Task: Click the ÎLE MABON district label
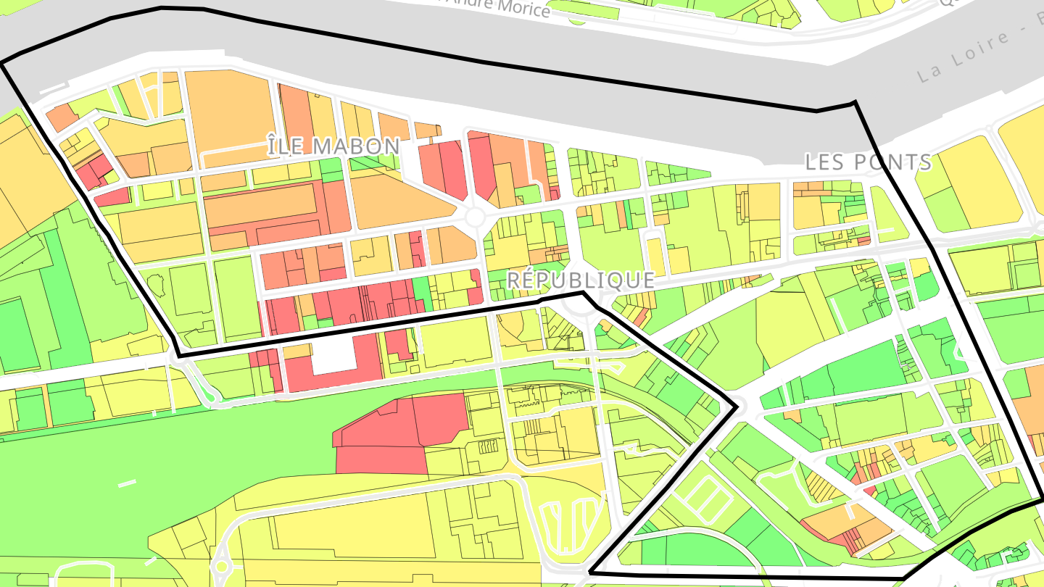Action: [x=333, y=146]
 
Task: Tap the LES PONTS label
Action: [x=869, y=162]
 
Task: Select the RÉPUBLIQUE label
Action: [x=580, y=280]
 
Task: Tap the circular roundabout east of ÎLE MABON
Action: [x=476, y=217]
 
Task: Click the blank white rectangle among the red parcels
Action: [x=333, y=357]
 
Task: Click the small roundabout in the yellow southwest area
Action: [x=222, y=566]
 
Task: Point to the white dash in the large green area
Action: [x=127, y=483]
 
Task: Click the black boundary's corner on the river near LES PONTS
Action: [x=855, y=102]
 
